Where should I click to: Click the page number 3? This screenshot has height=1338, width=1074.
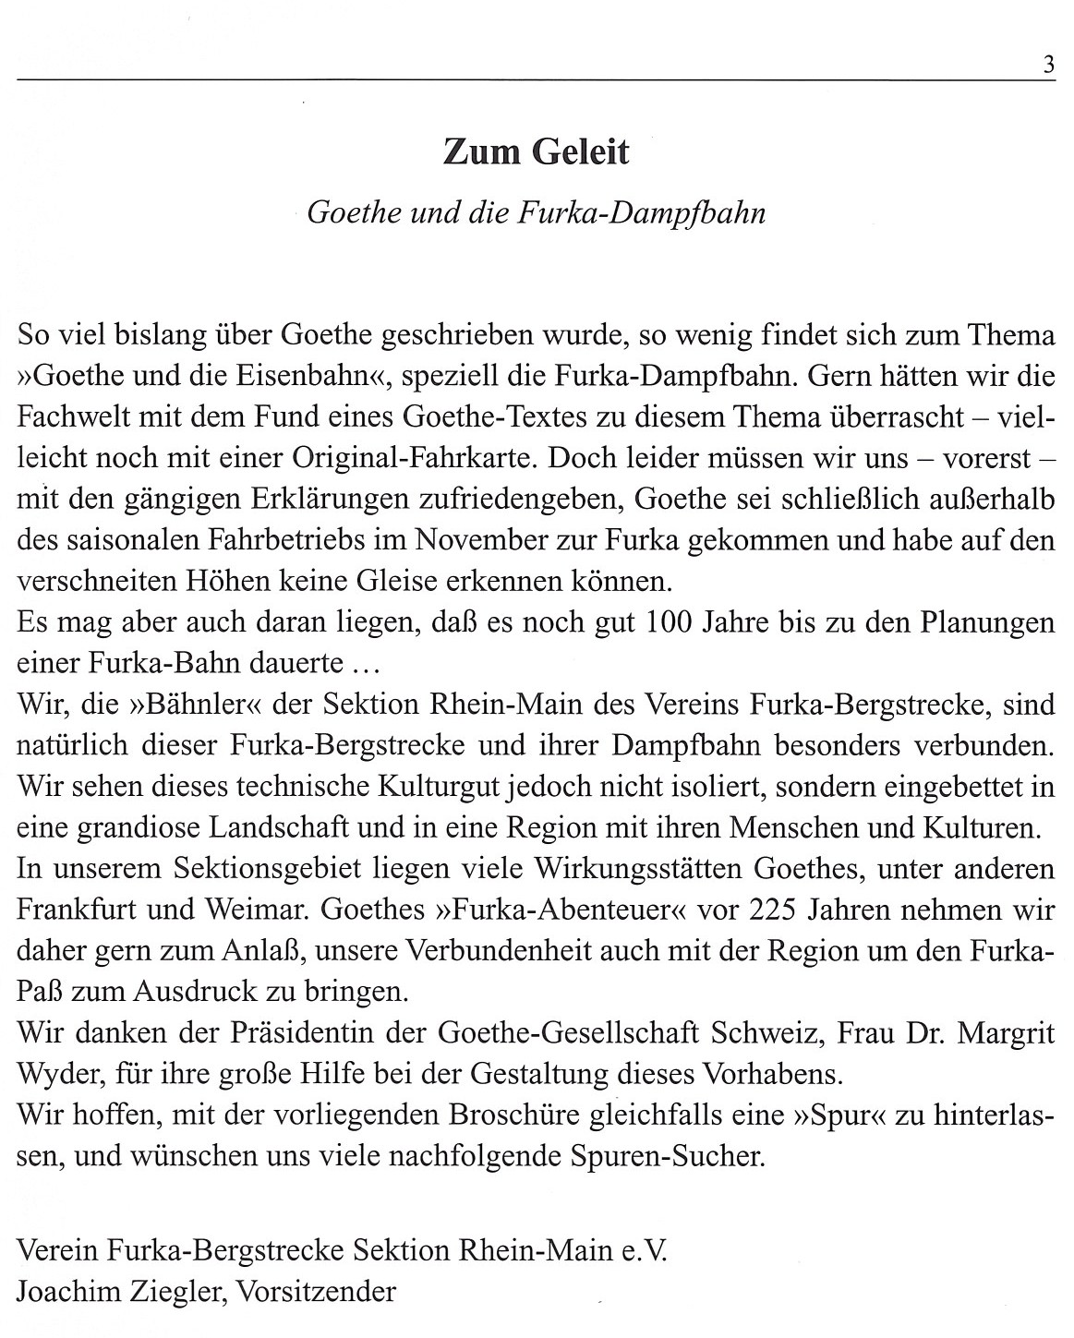click(x=1048, y=66)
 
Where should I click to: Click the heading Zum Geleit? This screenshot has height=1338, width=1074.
click(x=536, y=152)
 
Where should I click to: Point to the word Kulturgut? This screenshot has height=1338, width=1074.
click(x=440, y=787)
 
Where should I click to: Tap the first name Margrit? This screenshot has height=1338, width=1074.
click(x=1006, y=1033)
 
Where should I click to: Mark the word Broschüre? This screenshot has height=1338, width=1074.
click(x=514, y=1115)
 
